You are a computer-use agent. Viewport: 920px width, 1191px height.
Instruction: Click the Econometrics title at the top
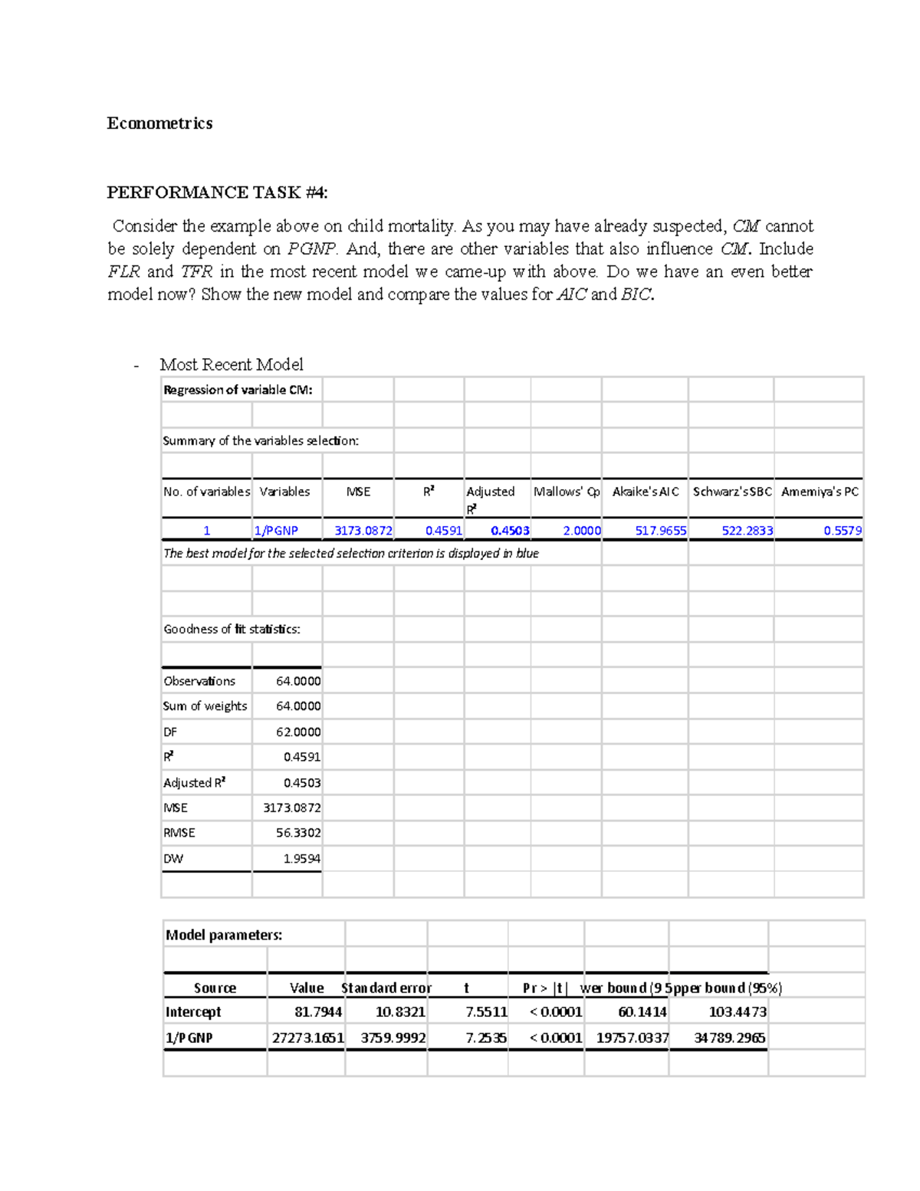point(159,123)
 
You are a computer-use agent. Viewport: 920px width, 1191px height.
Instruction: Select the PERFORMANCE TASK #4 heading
point(217,192)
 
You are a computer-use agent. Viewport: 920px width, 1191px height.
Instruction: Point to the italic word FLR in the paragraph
point(123,271)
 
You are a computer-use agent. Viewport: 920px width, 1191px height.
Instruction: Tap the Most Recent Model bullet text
point(231,364)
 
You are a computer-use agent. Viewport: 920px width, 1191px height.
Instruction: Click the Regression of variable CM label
point(238,390)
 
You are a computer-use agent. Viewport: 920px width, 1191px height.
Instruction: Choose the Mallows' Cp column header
point(567,492)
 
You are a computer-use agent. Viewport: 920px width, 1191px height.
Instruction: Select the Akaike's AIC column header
point(646,492)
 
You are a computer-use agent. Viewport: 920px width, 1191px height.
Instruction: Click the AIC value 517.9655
point(660,530)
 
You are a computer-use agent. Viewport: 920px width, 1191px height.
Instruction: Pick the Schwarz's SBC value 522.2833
point(747,530)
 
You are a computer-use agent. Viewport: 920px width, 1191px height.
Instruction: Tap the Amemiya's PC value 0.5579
point(842,530)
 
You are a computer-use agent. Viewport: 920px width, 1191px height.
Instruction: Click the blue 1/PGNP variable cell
point(276,530)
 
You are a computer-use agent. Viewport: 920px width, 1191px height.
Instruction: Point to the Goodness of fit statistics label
point(232,629)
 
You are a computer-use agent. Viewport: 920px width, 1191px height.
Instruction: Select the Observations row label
point(199,681)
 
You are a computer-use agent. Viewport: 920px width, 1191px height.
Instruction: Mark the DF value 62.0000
point(297,732)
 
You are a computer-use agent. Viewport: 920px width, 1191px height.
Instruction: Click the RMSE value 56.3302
point(297,833)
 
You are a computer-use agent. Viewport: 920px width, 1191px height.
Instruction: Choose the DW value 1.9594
point(301,858)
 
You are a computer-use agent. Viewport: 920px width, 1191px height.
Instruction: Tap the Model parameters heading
point(224,935)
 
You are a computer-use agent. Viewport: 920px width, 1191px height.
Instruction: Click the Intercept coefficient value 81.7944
point(317,1012)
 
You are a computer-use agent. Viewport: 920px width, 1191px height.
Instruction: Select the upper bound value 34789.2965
point(728,1038)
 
